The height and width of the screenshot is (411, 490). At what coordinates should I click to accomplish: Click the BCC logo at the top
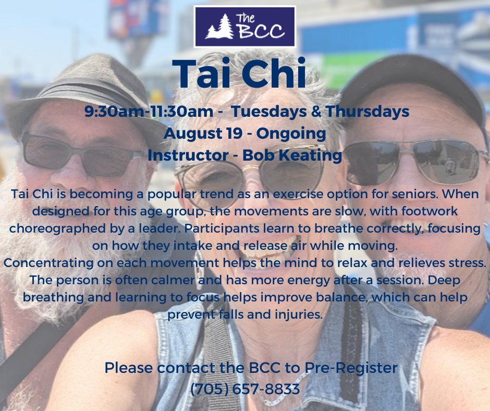244,27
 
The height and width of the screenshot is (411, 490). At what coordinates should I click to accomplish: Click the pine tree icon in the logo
220,27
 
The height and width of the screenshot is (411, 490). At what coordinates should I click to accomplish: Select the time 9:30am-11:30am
149,111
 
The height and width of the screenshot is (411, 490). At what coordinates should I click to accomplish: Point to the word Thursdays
367,111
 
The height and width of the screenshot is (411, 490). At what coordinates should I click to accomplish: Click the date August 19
203,133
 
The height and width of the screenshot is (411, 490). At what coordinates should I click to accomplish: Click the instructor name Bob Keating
292,155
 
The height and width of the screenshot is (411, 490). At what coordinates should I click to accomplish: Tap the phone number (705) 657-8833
245,389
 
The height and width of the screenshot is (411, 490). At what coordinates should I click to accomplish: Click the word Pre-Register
351,368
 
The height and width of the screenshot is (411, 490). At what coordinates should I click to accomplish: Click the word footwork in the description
430,211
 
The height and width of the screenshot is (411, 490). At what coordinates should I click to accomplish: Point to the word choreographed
57,228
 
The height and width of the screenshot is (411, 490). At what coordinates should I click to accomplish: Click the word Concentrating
48,263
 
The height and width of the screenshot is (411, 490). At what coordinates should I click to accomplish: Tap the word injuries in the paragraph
299,315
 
